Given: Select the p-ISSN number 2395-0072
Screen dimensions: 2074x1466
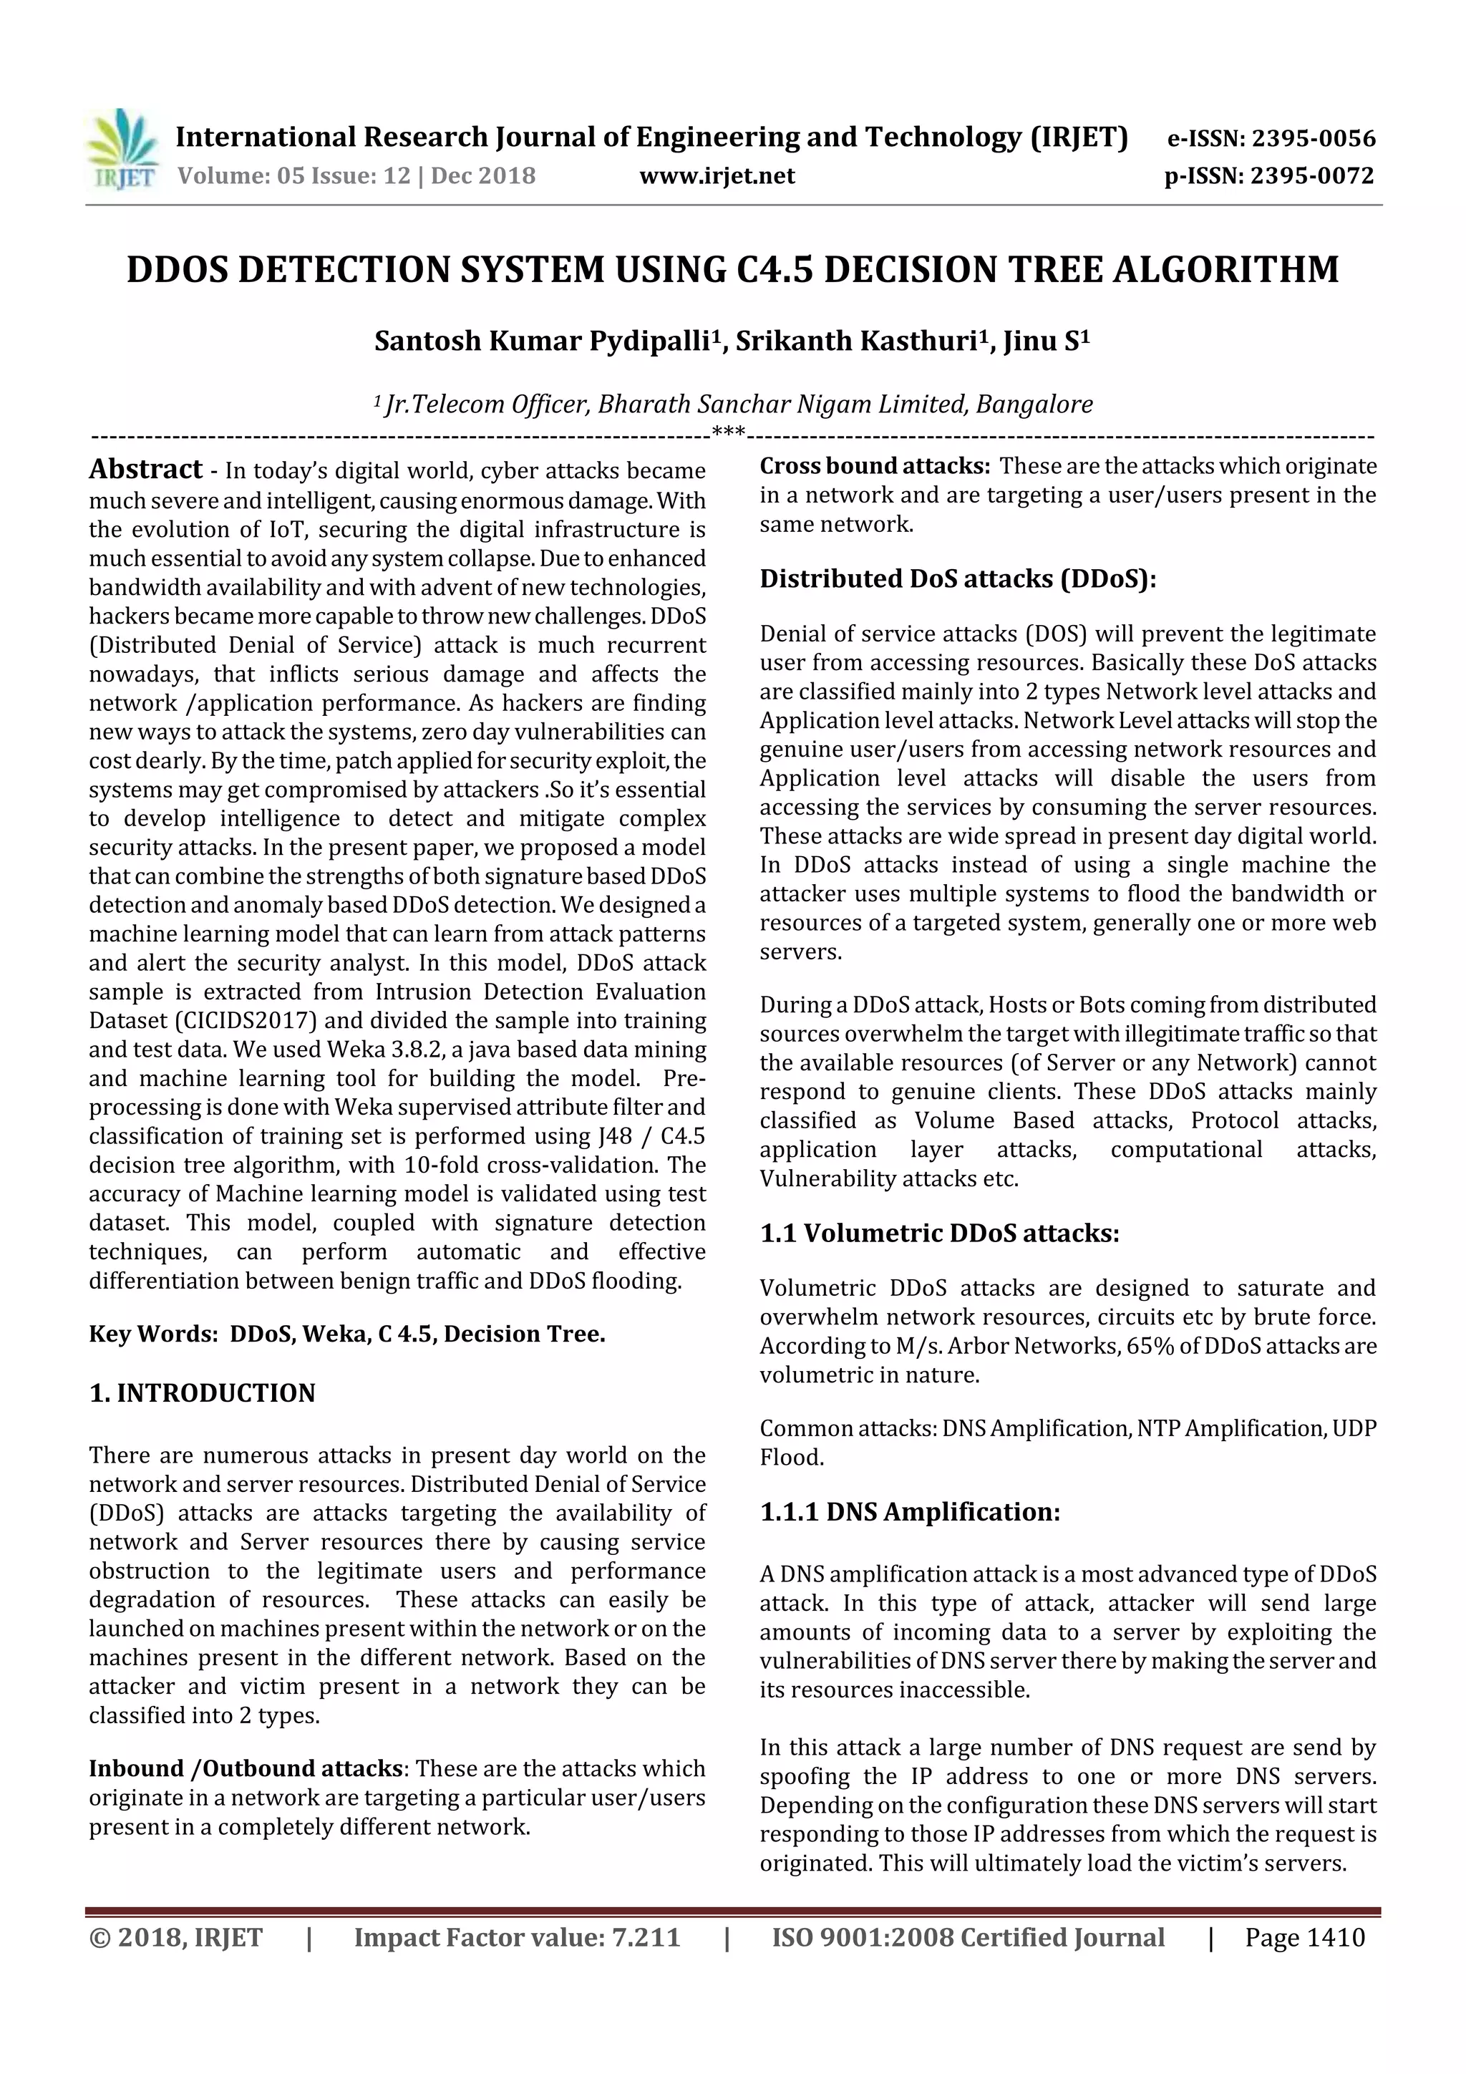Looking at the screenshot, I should pyautogui.click(x=1311, y=175).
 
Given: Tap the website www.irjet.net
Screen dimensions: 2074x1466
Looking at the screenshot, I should pyautogui.click(x=717, y=175).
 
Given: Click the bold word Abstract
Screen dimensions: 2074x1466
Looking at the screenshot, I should pyautogui.click(x=145, y=469).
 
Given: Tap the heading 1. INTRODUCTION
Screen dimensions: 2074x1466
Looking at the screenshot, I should pyautogui.click(x=203, y=1393).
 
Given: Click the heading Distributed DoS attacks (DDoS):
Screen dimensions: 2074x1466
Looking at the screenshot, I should pyautogui.click(x=958, y=578).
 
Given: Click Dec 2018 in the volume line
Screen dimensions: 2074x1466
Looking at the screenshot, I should pyautogui.click(x=483, y=175).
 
